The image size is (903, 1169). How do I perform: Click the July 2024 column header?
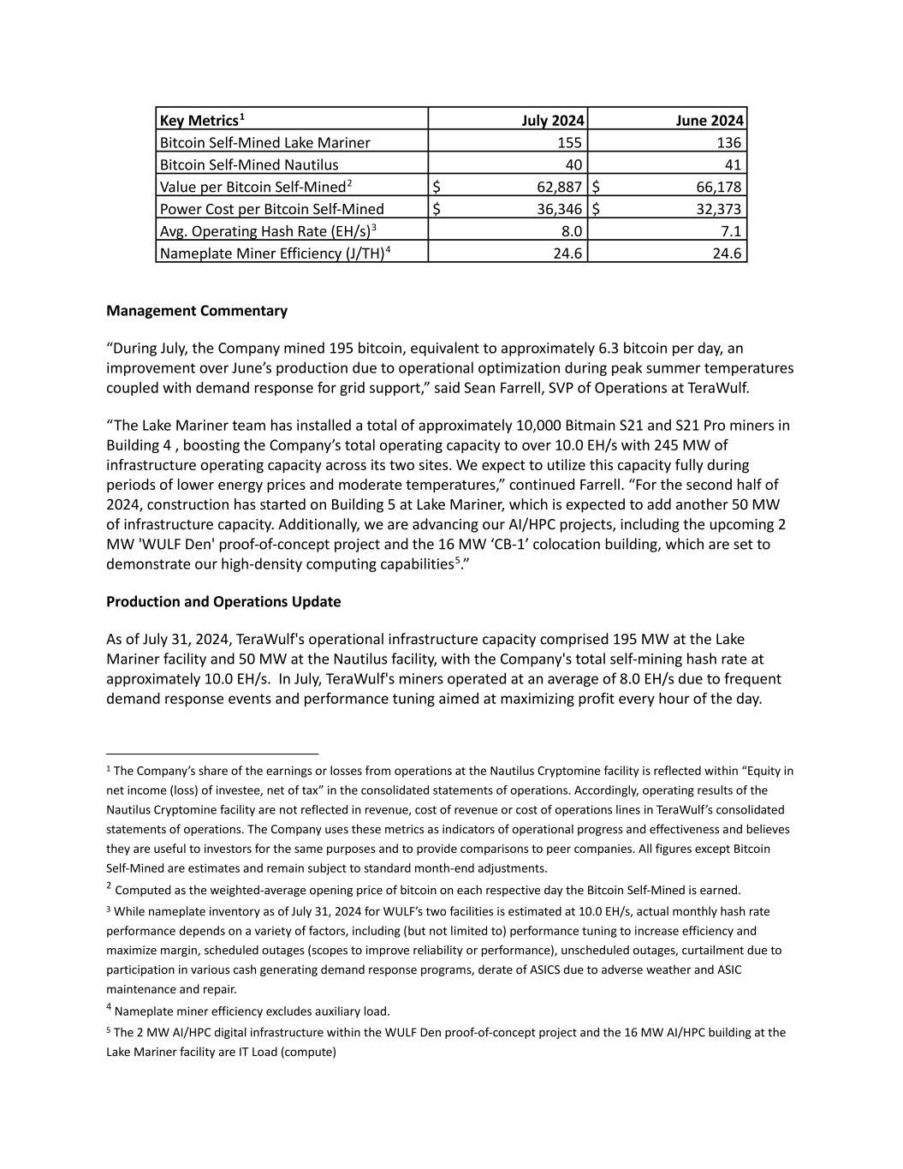[x=553, y=120]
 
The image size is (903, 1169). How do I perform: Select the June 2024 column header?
[x=710, y=120]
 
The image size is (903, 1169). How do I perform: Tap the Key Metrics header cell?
[x=202, y=120]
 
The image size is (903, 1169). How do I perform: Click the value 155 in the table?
[x=570, y=142]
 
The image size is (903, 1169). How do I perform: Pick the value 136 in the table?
[x=729, y=142]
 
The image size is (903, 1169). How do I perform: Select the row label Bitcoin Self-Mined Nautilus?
[x=249, y=164]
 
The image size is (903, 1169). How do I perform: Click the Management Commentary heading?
[x=197, y=311]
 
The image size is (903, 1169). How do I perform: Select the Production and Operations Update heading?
[x=223, y=601]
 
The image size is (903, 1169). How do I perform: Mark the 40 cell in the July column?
[x=573, y=164]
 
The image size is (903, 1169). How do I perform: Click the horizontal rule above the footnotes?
[x=212, y=754]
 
